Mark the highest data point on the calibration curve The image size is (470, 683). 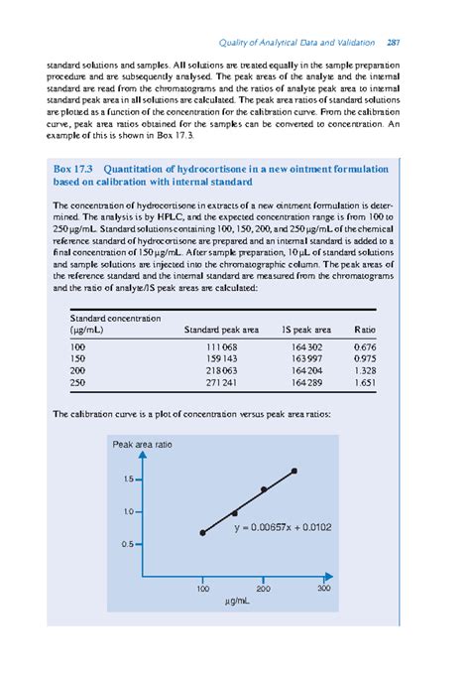tap(294, 471)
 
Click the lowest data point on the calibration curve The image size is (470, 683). tap(202, 533)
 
